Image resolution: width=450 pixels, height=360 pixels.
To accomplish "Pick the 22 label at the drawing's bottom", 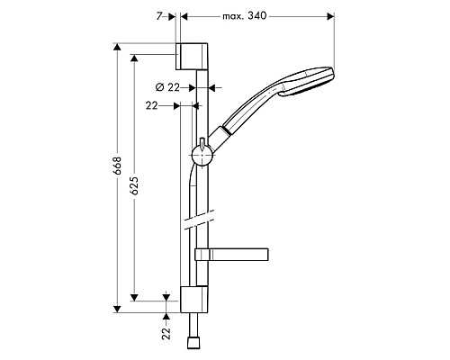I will tap(166, 334).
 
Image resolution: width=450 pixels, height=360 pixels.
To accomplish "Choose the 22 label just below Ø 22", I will tap(151, 106).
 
